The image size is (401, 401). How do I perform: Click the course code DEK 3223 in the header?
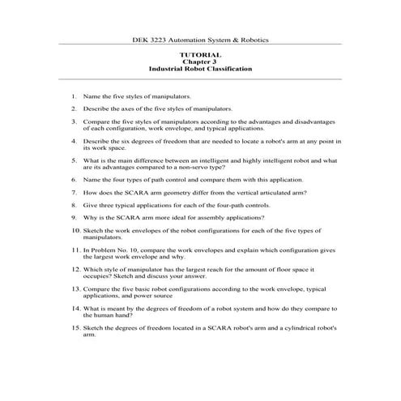(x=151, y=39)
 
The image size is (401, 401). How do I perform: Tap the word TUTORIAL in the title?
(x=200, y=54)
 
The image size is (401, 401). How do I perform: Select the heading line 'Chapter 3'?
(x=200, y=62)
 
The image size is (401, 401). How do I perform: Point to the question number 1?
(x=74, y=96)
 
